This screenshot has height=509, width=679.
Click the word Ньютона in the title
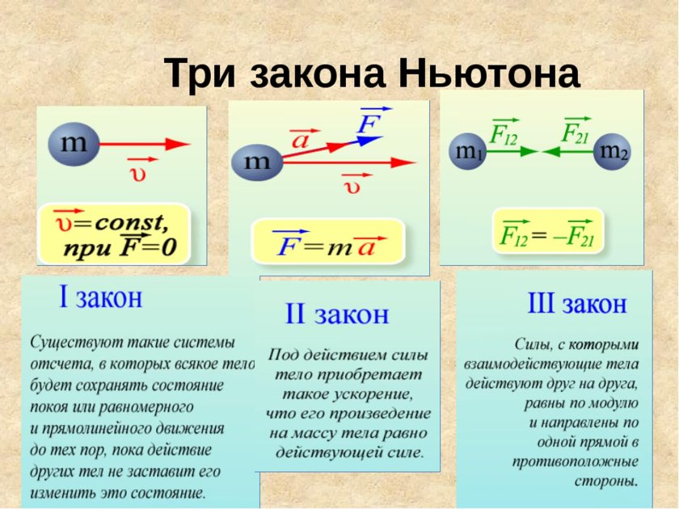(x=488, y=75)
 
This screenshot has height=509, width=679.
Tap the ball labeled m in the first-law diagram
(x=73, y=145)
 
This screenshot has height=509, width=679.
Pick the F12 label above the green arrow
(x=503, y=132)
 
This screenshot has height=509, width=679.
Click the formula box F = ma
(x=326, y=242)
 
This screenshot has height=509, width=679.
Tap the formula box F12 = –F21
(x=547, y=233)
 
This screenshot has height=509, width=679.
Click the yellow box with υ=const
(x=113, y=233)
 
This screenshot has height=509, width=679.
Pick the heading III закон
(x=576, y=305)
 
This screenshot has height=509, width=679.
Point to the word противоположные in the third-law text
(x=575, y=462)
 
